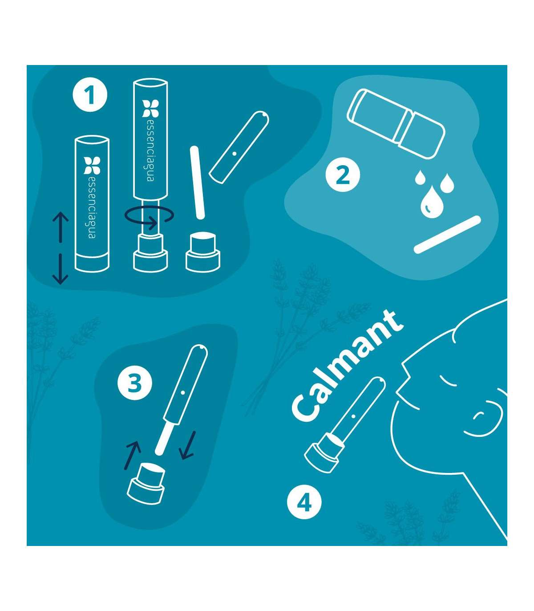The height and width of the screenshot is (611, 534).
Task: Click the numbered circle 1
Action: tap(90, 95)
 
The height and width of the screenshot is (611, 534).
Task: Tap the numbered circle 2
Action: tap(343, 175)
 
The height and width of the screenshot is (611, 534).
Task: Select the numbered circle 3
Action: tap(135, 383)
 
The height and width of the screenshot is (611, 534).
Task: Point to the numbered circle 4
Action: tap(304, 502)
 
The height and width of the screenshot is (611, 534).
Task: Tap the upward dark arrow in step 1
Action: tap(61, 227)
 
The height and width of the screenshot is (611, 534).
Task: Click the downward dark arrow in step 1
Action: tap(61, 269)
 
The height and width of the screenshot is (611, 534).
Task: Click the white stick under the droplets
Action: tap(447, 235)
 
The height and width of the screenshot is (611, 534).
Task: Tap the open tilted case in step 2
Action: tap(396, 124)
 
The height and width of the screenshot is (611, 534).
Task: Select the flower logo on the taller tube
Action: tap(150, 108)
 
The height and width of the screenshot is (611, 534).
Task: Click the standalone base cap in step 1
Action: tap(203, 253)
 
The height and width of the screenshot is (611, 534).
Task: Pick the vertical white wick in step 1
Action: tap(197, 183)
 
